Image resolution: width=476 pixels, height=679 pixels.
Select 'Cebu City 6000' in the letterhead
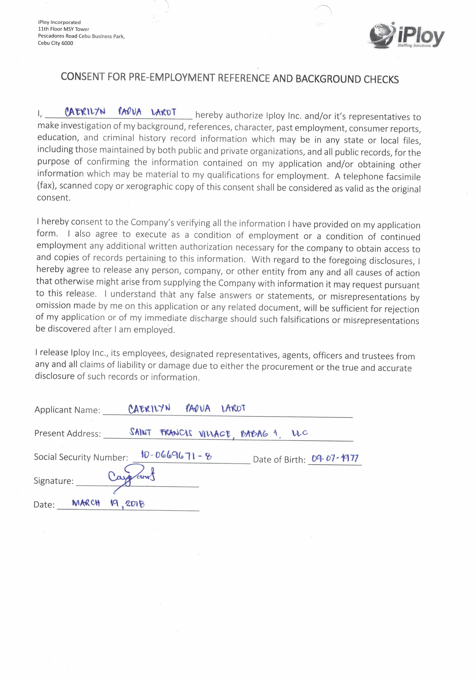click(55, 43)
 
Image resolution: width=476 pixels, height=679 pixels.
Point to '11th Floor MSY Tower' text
click(64, 29)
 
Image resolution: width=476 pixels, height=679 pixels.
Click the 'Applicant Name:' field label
click(67, 410)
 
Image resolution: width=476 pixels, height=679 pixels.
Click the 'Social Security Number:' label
click(81, 457)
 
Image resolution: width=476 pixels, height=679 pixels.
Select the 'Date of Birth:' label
click(279, 460)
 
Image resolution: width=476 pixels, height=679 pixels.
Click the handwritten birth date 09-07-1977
click(335, 458)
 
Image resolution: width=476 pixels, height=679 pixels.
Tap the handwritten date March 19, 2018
click(108, 503)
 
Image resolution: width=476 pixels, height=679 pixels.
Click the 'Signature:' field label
click(54, 481)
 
